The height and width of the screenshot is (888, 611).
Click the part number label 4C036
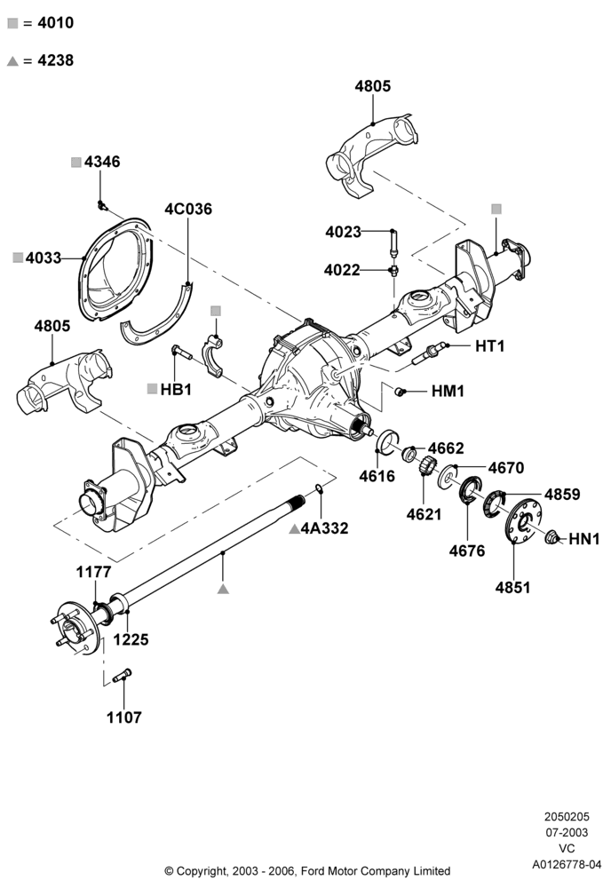coord(188,209)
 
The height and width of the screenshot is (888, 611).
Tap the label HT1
coord(490,345)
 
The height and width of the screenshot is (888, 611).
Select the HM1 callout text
coord(448,391)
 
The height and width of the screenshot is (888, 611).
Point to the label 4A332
coord(324,528)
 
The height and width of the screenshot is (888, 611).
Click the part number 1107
coord(124,718)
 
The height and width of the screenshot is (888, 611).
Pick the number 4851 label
coord(513,588)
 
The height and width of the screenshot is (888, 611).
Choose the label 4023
coord(343,232)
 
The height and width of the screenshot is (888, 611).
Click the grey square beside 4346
coord(76,163)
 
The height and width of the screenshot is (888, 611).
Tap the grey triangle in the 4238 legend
coord(12,61)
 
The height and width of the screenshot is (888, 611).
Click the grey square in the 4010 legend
coord(12,23)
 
